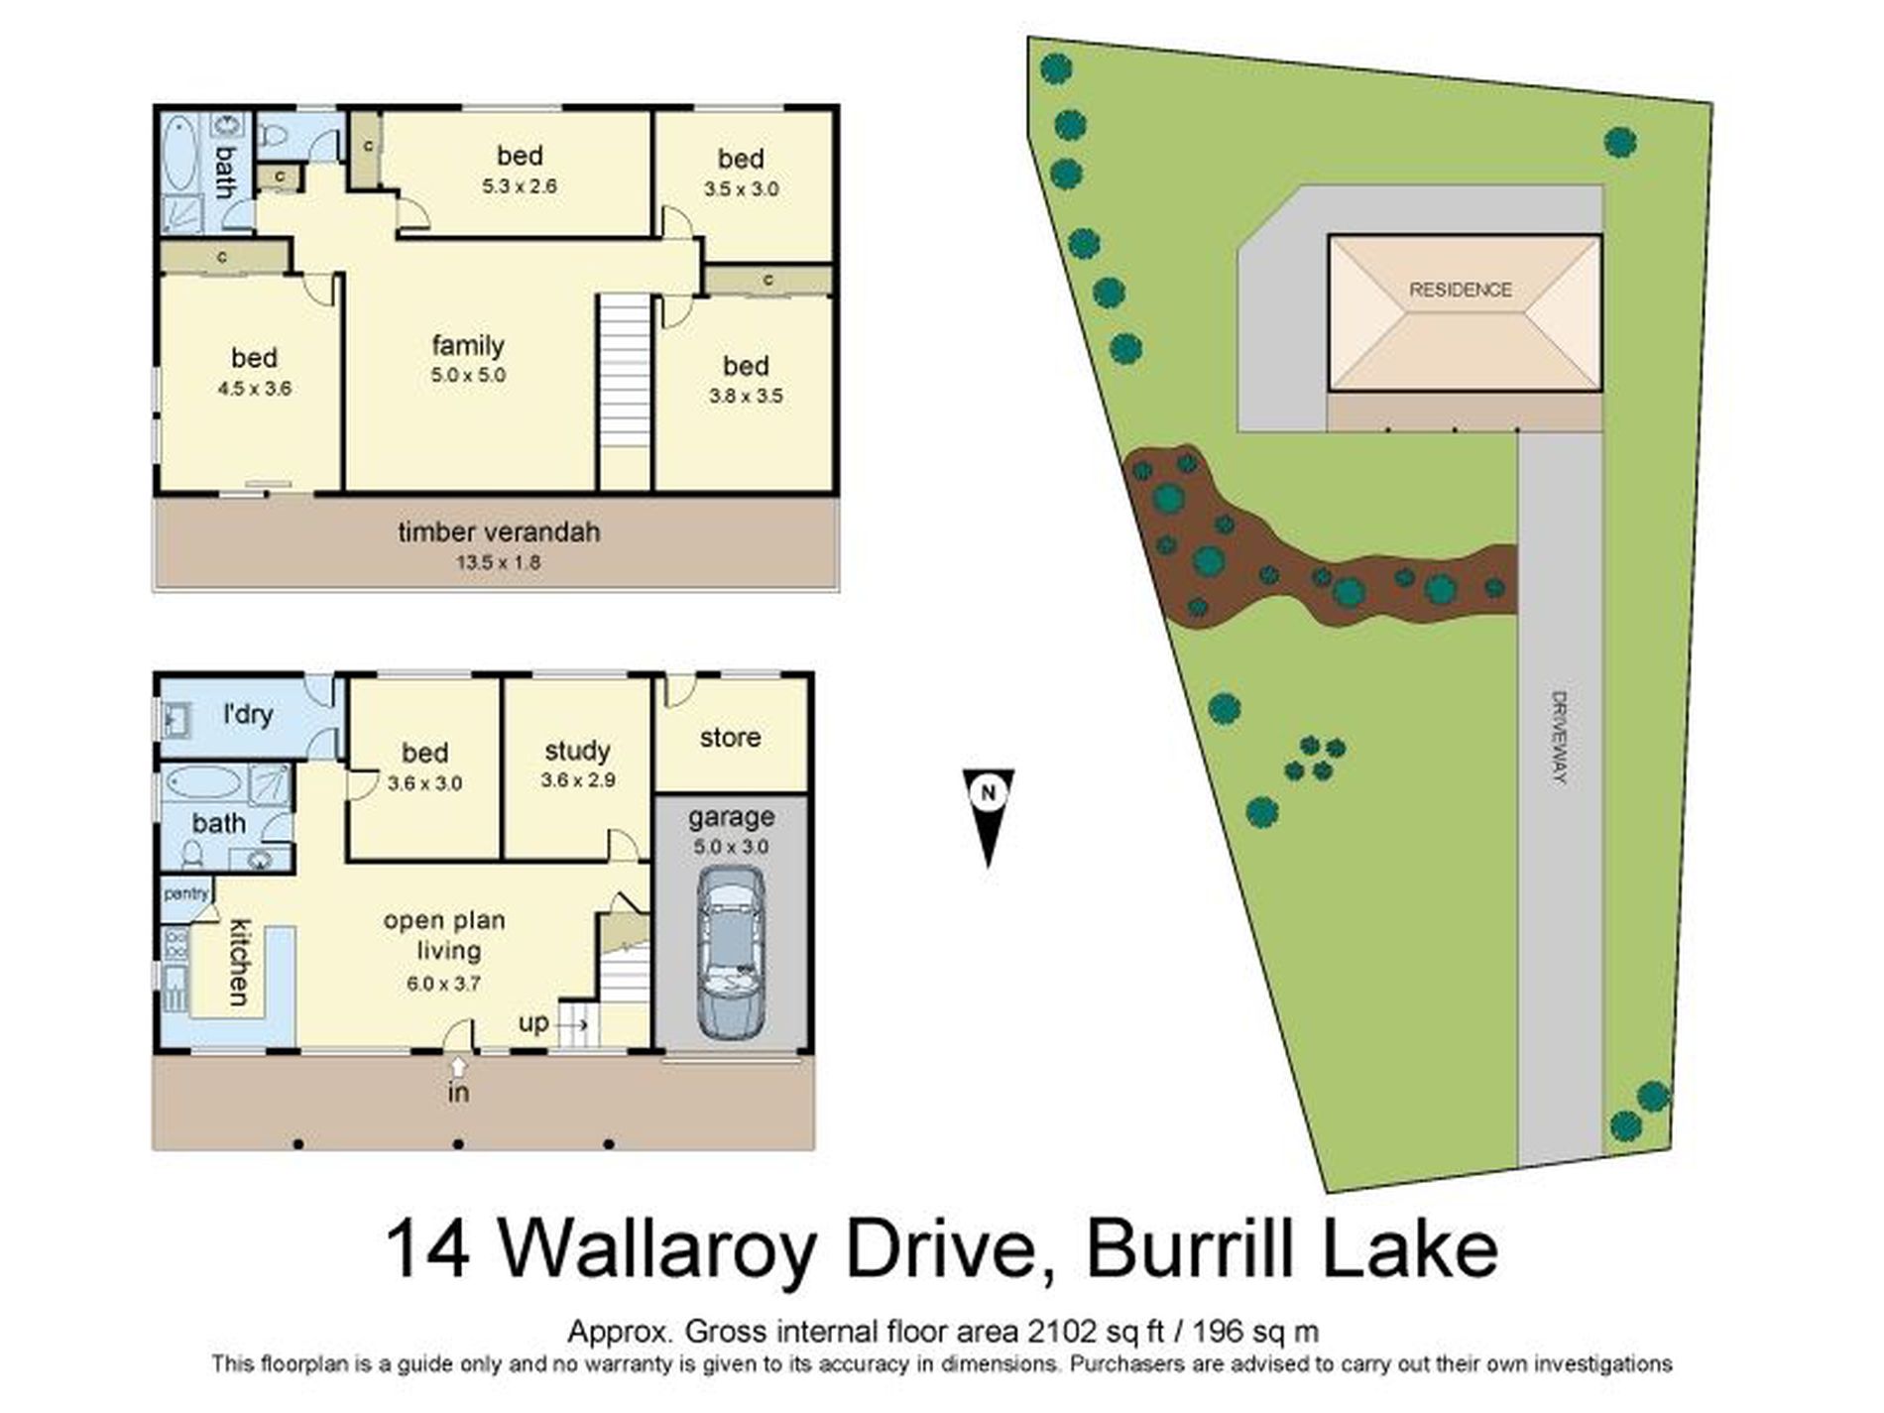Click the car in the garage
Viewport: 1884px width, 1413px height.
(731, 953)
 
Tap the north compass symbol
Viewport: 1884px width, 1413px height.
(988, 813)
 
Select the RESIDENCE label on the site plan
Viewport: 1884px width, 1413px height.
(1460, 290)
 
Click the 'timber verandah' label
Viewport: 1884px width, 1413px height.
(499, 532)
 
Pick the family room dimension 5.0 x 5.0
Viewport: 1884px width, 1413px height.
(468, 376)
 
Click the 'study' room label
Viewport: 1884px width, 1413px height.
(577, 751)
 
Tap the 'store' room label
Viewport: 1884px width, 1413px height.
(730, 737)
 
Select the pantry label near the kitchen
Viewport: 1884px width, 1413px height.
(185, 893)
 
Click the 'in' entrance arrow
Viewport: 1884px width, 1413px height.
(458, 1067)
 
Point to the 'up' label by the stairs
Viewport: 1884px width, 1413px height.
(533, 1022)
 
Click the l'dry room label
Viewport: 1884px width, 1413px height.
(247, 714)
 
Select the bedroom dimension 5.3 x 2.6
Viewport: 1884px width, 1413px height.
(519, 185)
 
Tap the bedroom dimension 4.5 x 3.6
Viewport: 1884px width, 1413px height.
(254, 389)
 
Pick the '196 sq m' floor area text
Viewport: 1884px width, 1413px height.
(1255, 1331)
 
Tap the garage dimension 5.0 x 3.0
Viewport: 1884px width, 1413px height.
(731, 847)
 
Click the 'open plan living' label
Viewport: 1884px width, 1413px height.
(446, 935)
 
